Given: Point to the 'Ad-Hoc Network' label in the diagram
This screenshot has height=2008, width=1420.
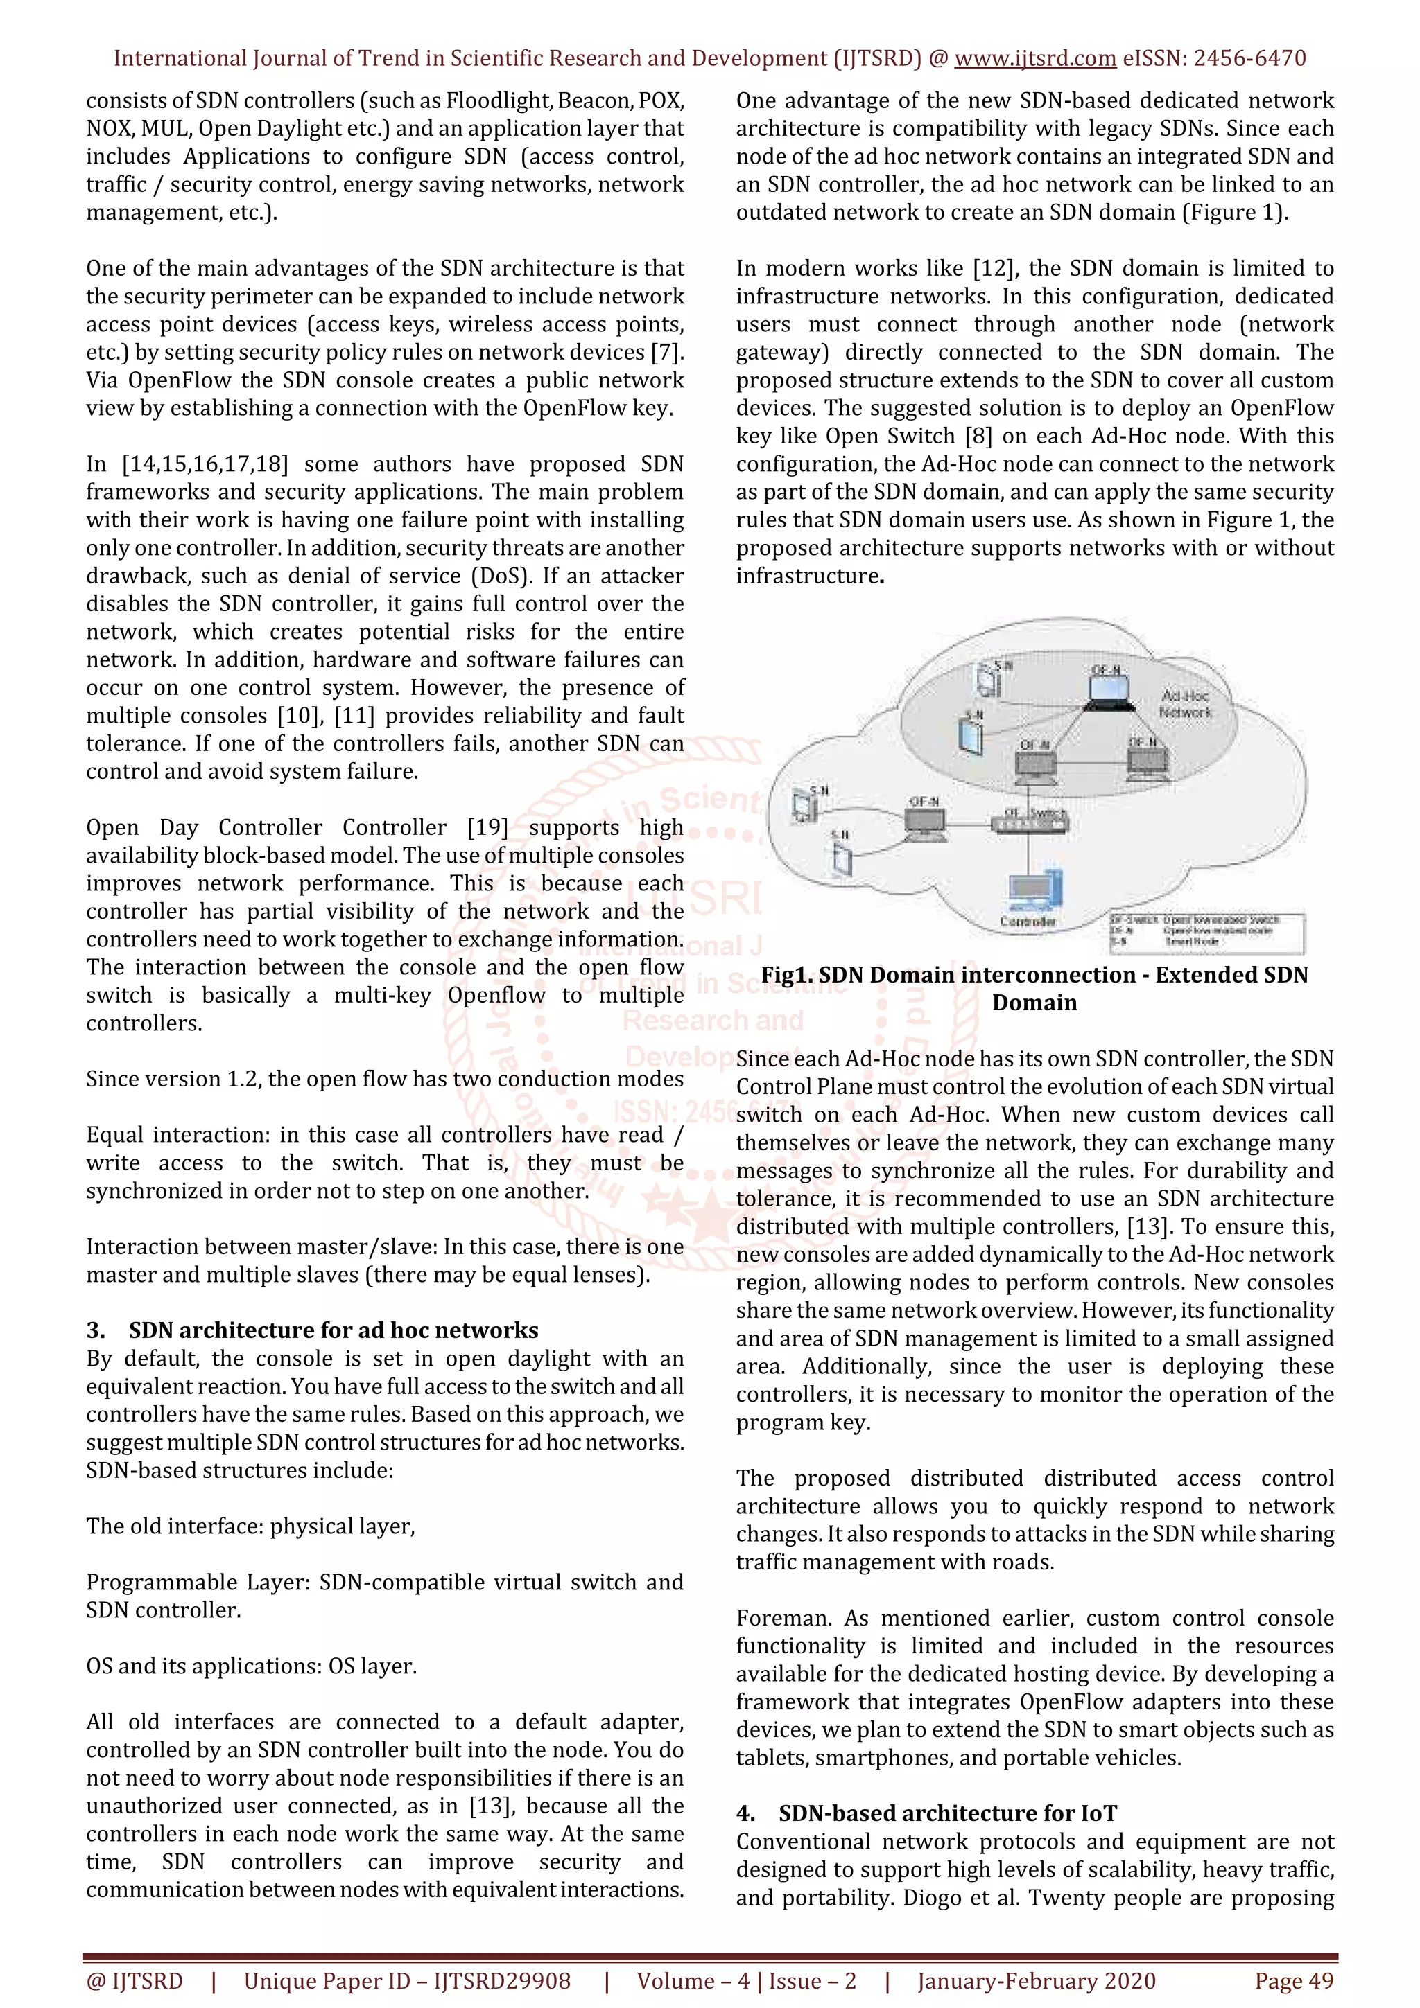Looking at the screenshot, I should tap(1185, 703).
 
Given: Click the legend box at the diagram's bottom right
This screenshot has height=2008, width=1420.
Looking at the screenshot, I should tap(1206, 933).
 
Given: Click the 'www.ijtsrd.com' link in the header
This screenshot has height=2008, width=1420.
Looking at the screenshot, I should tap(1034, 59).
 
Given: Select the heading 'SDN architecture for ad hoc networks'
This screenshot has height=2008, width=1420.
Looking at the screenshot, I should tap(333, 1330).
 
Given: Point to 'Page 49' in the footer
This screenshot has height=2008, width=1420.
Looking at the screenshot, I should tap(1293, 1981).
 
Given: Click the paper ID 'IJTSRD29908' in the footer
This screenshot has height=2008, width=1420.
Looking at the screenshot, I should tap(502, 1981).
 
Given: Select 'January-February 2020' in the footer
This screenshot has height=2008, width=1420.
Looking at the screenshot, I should tap(1036, 1981).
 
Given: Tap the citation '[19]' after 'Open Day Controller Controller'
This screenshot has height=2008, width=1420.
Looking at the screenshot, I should tap(487, 827).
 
